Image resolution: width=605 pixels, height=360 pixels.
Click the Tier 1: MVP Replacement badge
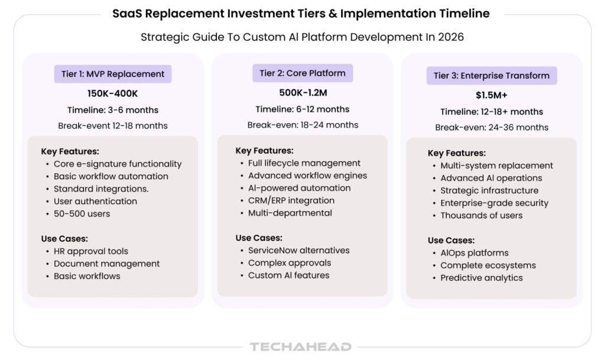pyautogui.click(x=113, y=74)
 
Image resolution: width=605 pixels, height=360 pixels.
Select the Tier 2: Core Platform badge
pyautogui.click(x=302, y=73)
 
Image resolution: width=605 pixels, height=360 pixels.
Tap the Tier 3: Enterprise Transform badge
pyautogui.click(x=492, y=76)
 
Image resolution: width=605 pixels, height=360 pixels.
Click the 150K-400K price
pyautogui.click(x=112, y=94)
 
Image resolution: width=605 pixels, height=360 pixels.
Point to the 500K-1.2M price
pyautogui.click(x=303, y=93)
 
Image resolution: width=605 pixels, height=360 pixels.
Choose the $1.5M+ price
pyautogui.click(x=492, y=95)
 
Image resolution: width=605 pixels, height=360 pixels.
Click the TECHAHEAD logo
pyautogui.click(x=301, y=346)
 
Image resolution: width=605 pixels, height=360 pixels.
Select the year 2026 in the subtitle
pyautogui.click(x=451, y=37)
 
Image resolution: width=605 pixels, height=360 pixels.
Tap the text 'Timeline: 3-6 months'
pyautogui.click(x=113, y=111)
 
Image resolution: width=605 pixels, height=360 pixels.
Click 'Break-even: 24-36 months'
pyautogui.click(x=492, y=128)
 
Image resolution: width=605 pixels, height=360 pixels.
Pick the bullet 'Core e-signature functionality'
pyautogui.click(x=118, y=164)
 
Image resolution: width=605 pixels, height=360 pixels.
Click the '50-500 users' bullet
pyautogui.click(x=82, y=214)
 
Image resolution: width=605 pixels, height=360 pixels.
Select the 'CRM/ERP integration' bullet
pyautogui.click(x=291, y=200)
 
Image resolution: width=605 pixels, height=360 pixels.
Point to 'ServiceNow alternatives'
pyautogui.click(x=298, y=251)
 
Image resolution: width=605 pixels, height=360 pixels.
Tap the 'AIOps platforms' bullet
pyautogui.click(x=474, y=253)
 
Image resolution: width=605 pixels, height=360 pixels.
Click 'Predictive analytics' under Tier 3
pyautogui.click(x=482, y=278)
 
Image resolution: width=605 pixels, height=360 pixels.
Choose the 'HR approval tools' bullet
pyautogui.click(x=90, y=251)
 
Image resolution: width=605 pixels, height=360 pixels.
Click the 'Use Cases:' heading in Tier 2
pyautogui.click(x=259, y=238)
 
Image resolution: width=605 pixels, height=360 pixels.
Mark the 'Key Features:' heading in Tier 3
pyautogui.click(x=457, y=153)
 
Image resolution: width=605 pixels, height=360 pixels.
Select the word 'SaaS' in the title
pyautogui.click(x=127, y=14)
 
